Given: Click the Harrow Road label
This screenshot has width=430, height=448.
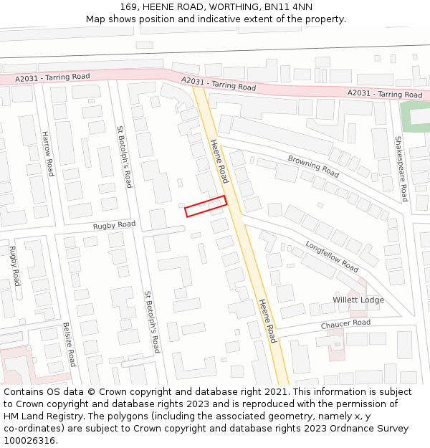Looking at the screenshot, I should pos(47,153).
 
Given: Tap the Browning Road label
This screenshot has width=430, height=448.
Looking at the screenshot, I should pos(313,166).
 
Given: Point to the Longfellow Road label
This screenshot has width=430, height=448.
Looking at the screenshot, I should pos(332,255).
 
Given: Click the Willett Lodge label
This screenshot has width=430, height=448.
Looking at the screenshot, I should pos(358,300).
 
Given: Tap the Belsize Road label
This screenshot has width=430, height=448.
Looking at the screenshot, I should pos(69,344).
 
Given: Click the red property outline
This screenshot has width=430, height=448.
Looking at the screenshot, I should pos(206,206).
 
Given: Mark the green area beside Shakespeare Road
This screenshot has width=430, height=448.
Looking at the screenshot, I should pos(414,117).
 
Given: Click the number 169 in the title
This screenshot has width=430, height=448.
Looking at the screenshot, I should pos(129,6).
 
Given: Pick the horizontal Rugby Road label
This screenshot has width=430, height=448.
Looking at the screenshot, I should pos(114,225).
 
